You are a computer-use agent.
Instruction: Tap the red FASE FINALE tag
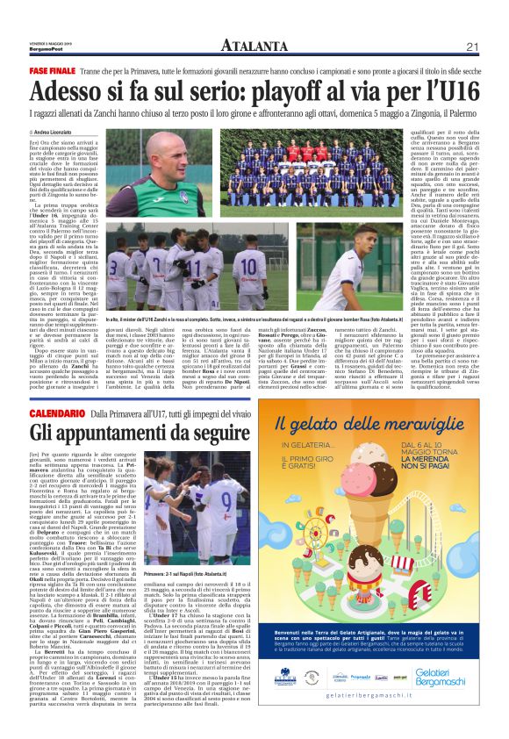click(x=53, y=68)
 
